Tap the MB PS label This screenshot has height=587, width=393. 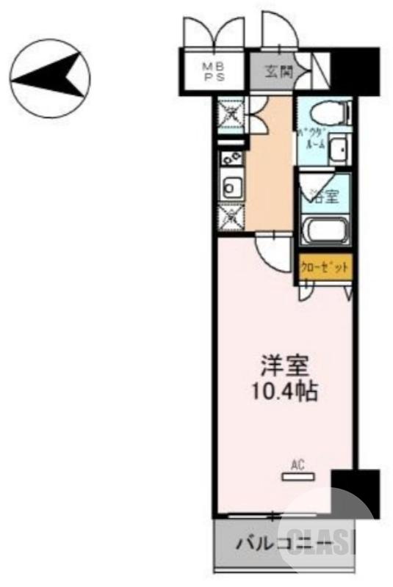[215, 71]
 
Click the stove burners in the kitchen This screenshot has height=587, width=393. [228, 158]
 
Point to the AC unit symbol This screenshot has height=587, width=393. [298, 475]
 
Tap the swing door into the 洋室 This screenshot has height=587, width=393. [273, 252]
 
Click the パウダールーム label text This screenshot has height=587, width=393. [307, 139]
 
